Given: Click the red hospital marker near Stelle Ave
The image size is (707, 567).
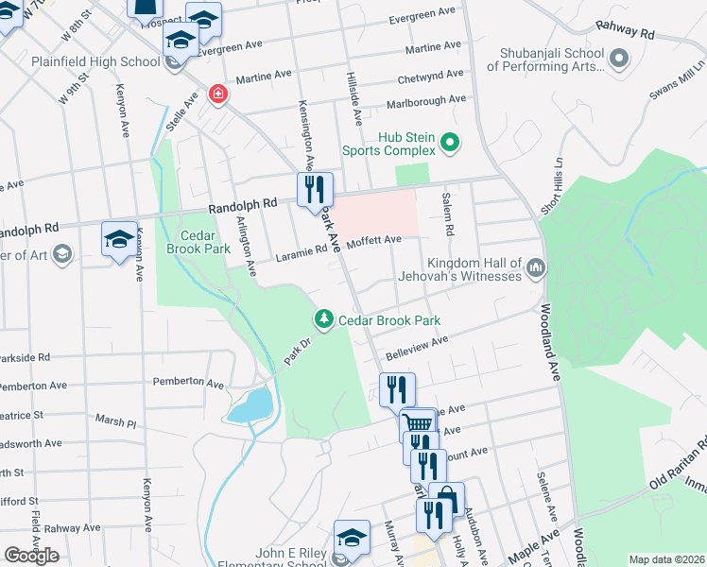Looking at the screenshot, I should (x=218, y=96).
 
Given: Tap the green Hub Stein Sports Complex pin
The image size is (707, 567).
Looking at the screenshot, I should (x=451, y=144).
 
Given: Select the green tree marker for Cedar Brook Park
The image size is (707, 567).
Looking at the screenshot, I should (x=324, y=320).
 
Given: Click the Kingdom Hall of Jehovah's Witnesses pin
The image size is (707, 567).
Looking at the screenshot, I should (x=536, y=268).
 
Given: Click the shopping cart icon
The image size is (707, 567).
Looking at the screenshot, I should (x=418, y=423).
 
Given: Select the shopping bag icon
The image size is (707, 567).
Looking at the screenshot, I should (x=446, y=498).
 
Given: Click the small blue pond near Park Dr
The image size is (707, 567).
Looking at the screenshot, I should (x=250, y=406).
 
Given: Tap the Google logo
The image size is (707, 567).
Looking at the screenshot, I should (x=32, y=555).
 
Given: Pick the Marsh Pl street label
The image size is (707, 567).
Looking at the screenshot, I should (x=115, y=418).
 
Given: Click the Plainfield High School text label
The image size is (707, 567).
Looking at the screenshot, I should (x=80, y=62).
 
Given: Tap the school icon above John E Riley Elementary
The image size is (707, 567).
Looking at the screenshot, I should (x=352, y=539).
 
